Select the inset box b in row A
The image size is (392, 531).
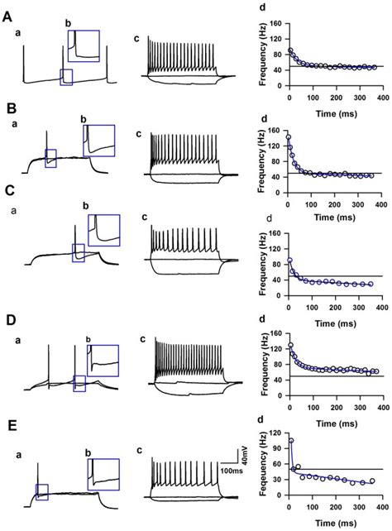(84, 46)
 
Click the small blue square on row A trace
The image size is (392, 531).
(67, 76)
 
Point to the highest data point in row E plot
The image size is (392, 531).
(291, 441)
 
